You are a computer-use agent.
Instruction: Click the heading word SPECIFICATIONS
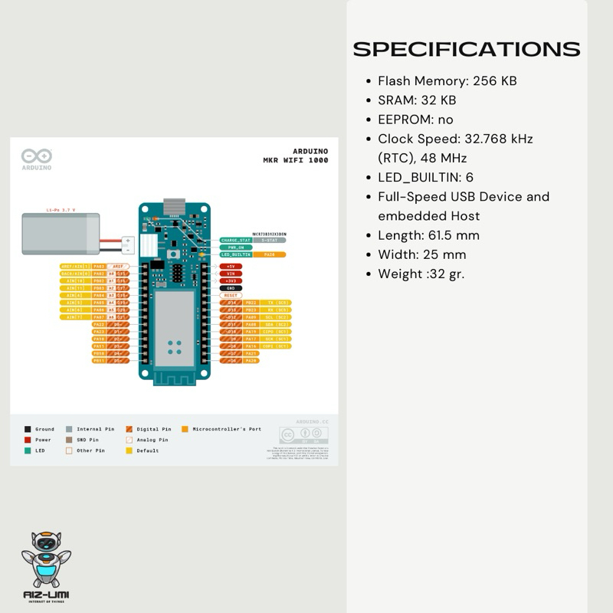pyautogui.click(x=466, y=49)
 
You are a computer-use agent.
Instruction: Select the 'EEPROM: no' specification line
pyautogui.click(x=415, y=120)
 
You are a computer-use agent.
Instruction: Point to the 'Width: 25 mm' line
pyautogui.click(x=421, y=254)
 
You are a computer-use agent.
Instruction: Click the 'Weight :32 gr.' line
pyautogui.click(x=421, y=274)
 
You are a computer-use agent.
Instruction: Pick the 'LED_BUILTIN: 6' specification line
pyautogui.click(x=425, y=177)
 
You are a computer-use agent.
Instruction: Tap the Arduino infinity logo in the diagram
pyautogui.click(x=36, y=156)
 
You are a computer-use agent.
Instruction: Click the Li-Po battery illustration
pyautogui.click(x=62, y=233)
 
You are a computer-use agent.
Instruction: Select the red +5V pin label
pyautogui.click(x=231, y=267)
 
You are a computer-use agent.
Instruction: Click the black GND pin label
pyautogui.click(x=231, y=287)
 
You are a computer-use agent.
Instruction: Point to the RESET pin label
pyautogui.click(x=231, y=295)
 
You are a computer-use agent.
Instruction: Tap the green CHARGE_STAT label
pyautogui.click(x=235, y=240)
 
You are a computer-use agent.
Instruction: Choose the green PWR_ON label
pyautogui.click(x=233, y=247)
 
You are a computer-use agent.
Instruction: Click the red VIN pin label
pyautogui.click(x=231, y=274)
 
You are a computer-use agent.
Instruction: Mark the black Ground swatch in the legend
pyautogui.click(x=28, y=429)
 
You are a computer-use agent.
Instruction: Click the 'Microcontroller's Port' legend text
pyautogui.click(x=227, y=429)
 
